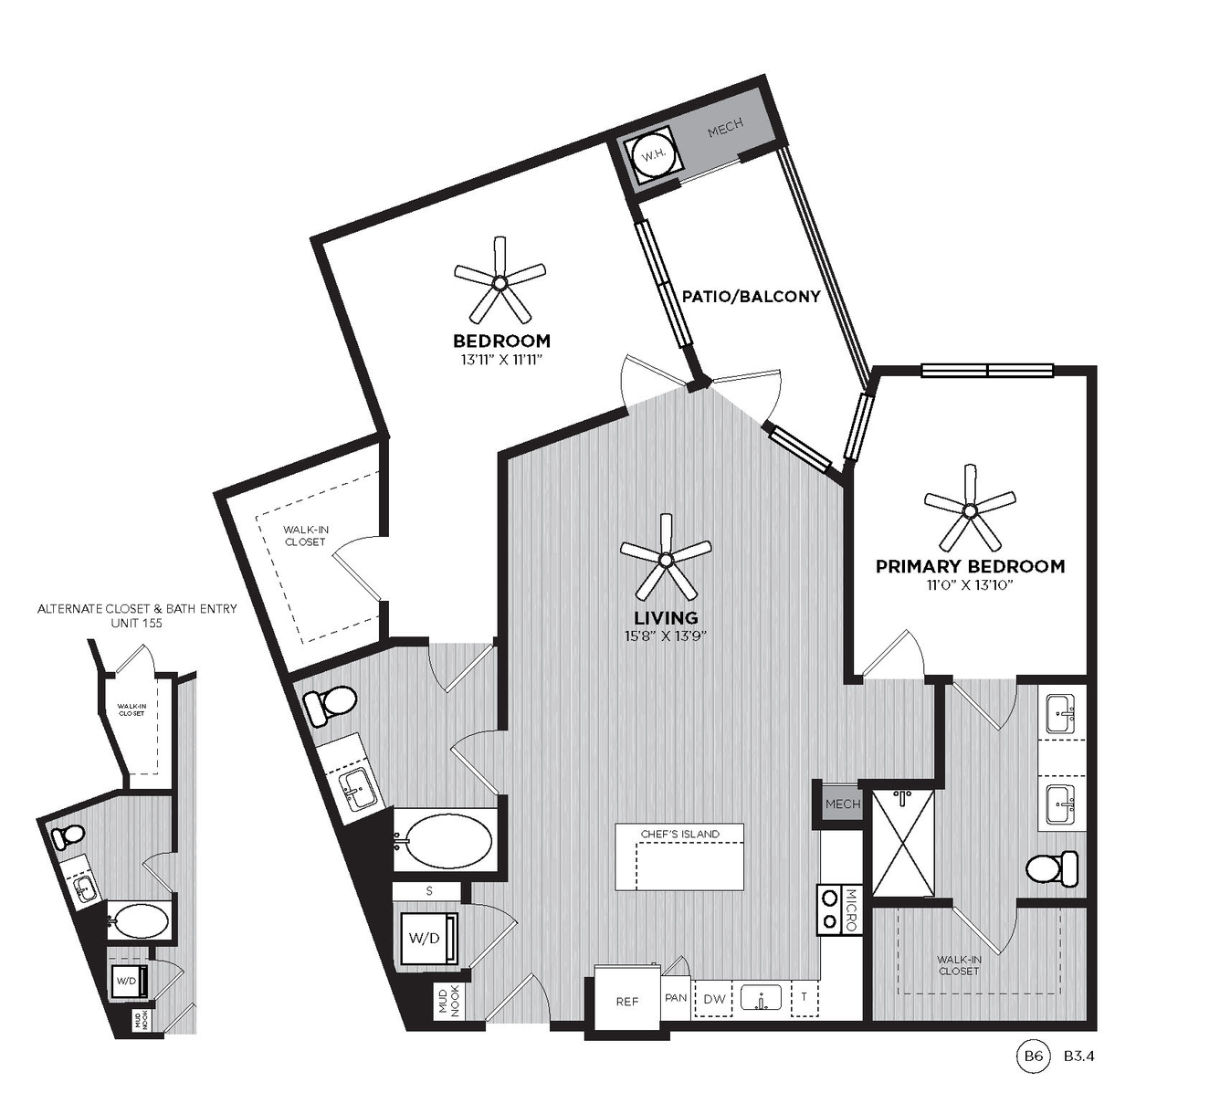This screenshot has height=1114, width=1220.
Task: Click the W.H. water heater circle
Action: pyautogui.click(x=653, y=155)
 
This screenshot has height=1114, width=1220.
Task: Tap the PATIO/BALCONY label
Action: pyautogui.click(x=752, y=296)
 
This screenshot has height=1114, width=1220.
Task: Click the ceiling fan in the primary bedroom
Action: pyautogui.click(x=970, y=509)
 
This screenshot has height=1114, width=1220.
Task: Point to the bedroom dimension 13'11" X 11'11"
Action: pyautogui.click(x=501, y=360)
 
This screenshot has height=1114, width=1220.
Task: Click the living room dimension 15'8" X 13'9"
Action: pyautogui.click(x=666, y=636)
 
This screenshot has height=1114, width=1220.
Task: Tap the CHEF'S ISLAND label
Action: pyautogui.click(x=680, y=835)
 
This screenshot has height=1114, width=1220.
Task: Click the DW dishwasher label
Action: pyautogui.click(x=715, y=999)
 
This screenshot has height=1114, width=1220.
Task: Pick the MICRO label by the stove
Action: pyautogui.click(x=851, y=910)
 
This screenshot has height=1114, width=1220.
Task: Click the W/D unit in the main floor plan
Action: pyautogui.click(x=426, y=938)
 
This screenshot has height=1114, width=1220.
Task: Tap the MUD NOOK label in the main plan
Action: pyautogui.click(x=448, y=1003)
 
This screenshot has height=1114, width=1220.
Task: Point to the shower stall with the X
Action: pyautogui.click(x=903, y=842)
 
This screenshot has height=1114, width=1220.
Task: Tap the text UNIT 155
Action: pyautogui.click(x=137, y=623)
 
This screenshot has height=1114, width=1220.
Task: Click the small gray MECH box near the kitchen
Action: pyautogui.click(x=842, y=804)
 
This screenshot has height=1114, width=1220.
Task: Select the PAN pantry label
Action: pyautogui.click(x=676, y=998)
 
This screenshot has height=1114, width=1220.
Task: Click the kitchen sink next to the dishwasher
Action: pyautogui.click(x=762, y=998)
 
